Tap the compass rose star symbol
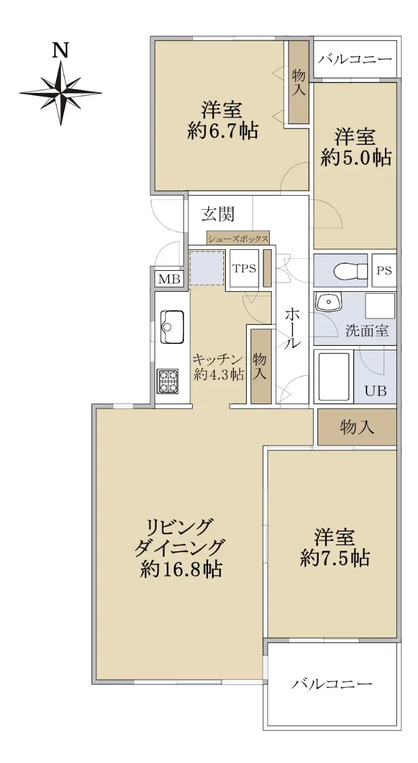(61, 93)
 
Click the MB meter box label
(169, 280)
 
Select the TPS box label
(244, 268)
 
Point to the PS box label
(384, 271)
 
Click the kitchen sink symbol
(172, 327)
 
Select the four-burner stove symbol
(167, 381)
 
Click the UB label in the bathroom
(375, 390)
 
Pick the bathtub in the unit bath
(334, 376)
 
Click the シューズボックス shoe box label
(239, 239)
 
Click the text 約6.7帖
(223, 131)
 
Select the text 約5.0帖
(356, 158)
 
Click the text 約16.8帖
(181, 569)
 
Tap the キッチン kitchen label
(218, 359)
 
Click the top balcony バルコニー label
(355, 59)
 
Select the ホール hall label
(292, 328)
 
